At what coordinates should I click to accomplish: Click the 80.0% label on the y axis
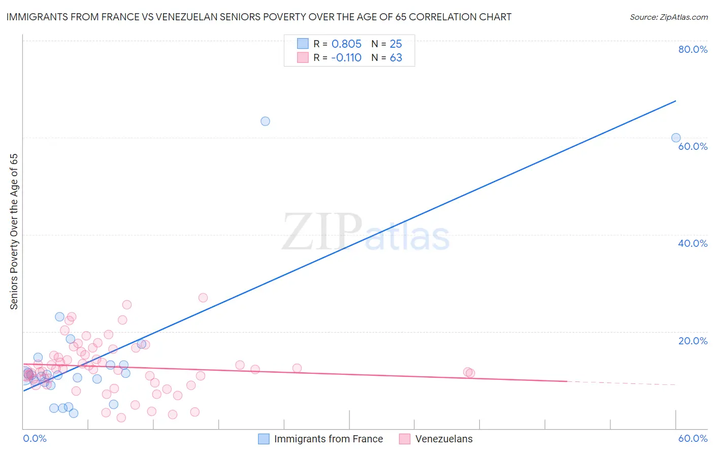(693, 49)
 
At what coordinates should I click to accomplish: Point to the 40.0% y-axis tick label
(693, 243)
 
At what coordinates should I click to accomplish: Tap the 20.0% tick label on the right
(693, 341)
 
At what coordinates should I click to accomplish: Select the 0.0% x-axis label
(35, 438)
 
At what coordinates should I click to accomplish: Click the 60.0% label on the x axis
(693, 438)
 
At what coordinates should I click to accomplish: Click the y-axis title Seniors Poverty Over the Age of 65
(14, 232)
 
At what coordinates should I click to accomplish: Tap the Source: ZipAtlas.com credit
(668, 17)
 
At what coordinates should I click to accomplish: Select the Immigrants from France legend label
(329, 439)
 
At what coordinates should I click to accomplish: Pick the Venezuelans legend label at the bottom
(444, 439)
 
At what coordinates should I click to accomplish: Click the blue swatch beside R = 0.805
(303, 44)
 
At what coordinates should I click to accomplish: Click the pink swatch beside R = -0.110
(303, 57)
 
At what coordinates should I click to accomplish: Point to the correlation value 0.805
(346, 44)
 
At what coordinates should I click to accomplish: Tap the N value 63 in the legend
(396, 57)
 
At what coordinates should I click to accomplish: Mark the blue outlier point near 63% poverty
(265, 121)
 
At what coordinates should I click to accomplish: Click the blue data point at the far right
(676, 138)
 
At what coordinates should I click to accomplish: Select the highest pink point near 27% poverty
(203, 298)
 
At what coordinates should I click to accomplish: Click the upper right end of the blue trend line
(675, 101)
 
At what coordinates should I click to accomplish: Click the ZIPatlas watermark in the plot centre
(366, 233)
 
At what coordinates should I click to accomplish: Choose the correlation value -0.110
(346, 57)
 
